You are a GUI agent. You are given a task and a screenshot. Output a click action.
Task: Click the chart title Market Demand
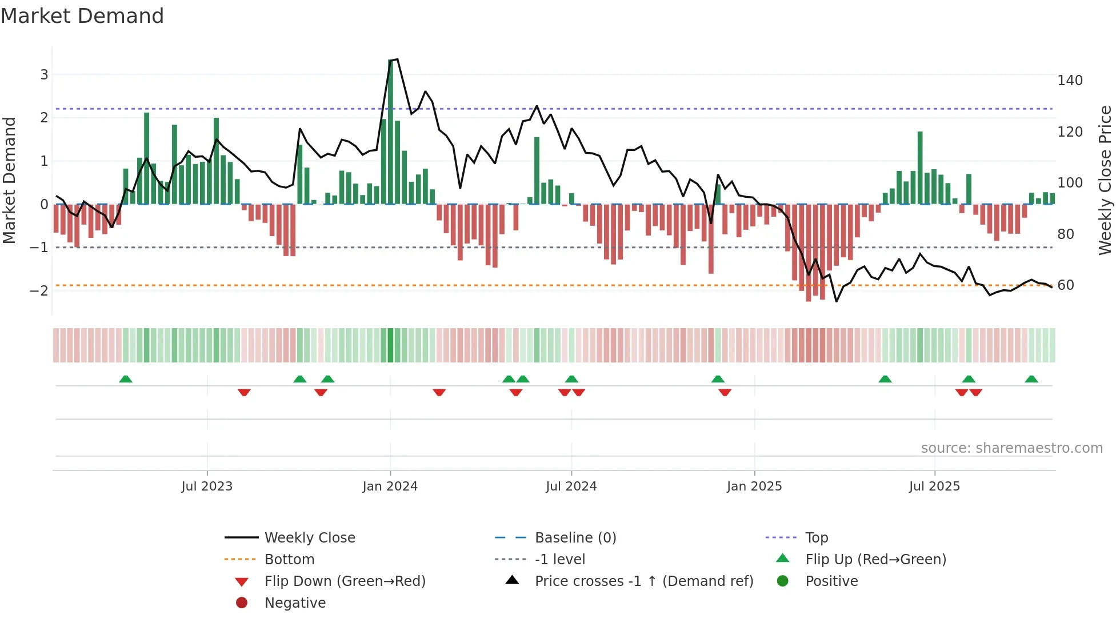pyautogui.click(x=82, y=16)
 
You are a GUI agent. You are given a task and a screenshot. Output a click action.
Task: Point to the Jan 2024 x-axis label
pyautogui.click(x=390, y=487)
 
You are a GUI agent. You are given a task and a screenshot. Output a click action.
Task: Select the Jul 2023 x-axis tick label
pyautogui.click(x=207, y=487)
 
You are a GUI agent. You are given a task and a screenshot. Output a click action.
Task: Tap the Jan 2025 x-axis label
pyautogui.click(x=754, y=487)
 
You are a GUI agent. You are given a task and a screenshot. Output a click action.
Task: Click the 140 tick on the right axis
pyautogui.click(x=1069, y=81)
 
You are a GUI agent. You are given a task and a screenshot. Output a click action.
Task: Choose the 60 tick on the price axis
pyautogui.click(x=1065, y=285)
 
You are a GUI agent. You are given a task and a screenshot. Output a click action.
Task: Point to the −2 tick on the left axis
pyautogui.click(x=39, y=290)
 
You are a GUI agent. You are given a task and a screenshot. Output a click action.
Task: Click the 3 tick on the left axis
pyautogui.click(x=44, y=75)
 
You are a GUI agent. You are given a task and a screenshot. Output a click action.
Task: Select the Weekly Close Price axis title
pyautogui.click(x=1105, y=180)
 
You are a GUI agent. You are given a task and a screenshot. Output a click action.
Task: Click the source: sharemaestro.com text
pyautogui.click(x=1011, y=448)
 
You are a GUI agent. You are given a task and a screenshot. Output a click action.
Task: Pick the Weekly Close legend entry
pyautogui.click(x=309, y=538)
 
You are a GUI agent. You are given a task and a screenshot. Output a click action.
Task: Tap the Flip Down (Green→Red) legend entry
pyautogui.click(x=345, y=581)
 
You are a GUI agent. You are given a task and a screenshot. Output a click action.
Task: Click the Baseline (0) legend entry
pyautogui.click(x=575, y=538)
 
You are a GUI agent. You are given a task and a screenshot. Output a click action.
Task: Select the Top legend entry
pyautogui.click(x=816, y=538)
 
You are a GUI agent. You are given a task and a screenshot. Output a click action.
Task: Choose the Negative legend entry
pyautogui.click(x=295, y=603)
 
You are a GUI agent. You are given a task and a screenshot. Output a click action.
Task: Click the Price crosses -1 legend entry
pyautogui.click(x=643, y=581)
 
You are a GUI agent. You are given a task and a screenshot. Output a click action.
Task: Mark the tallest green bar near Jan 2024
pyautogui.click(x=391, y=131)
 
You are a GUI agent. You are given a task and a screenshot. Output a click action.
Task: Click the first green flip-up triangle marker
pyautogui.click(x=126, y=379)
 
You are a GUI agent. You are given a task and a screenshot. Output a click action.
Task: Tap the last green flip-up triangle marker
pyautogui.click(x=1031, y=379)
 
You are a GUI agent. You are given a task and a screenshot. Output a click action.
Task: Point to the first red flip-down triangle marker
pyautogui.click(x=244, y=392)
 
